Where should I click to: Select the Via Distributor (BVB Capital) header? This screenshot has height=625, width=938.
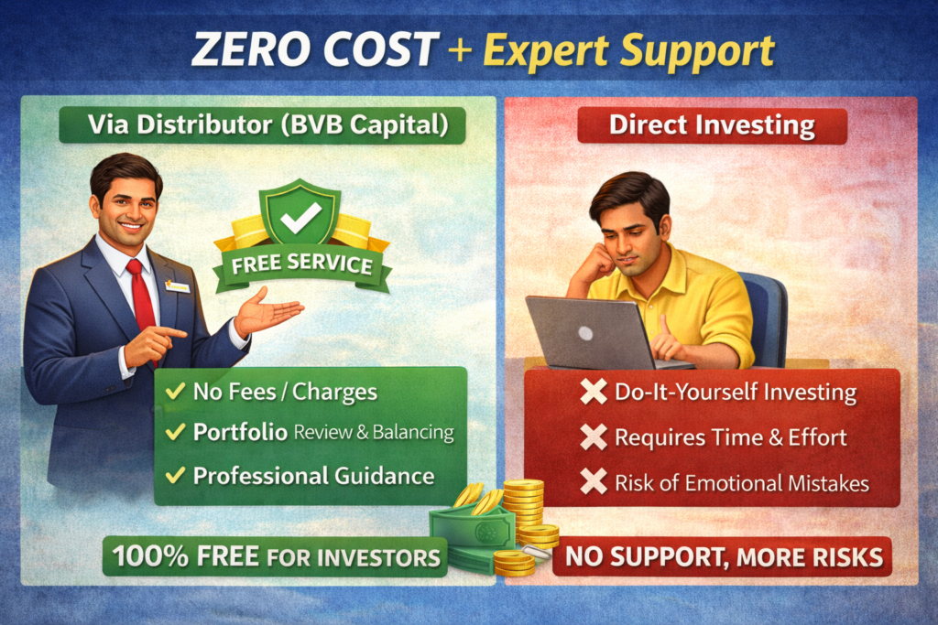(262, 126)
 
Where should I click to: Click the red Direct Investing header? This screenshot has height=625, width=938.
(712, 126)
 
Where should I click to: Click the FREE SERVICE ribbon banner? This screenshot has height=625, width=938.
(301, 265)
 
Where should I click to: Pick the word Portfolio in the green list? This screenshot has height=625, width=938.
(240, 433)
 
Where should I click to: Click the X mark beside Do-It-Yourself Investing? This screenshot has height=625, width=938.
(594, 393)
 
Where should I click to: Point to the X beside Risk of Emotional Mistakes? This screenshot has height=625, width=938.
(594, 481)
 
